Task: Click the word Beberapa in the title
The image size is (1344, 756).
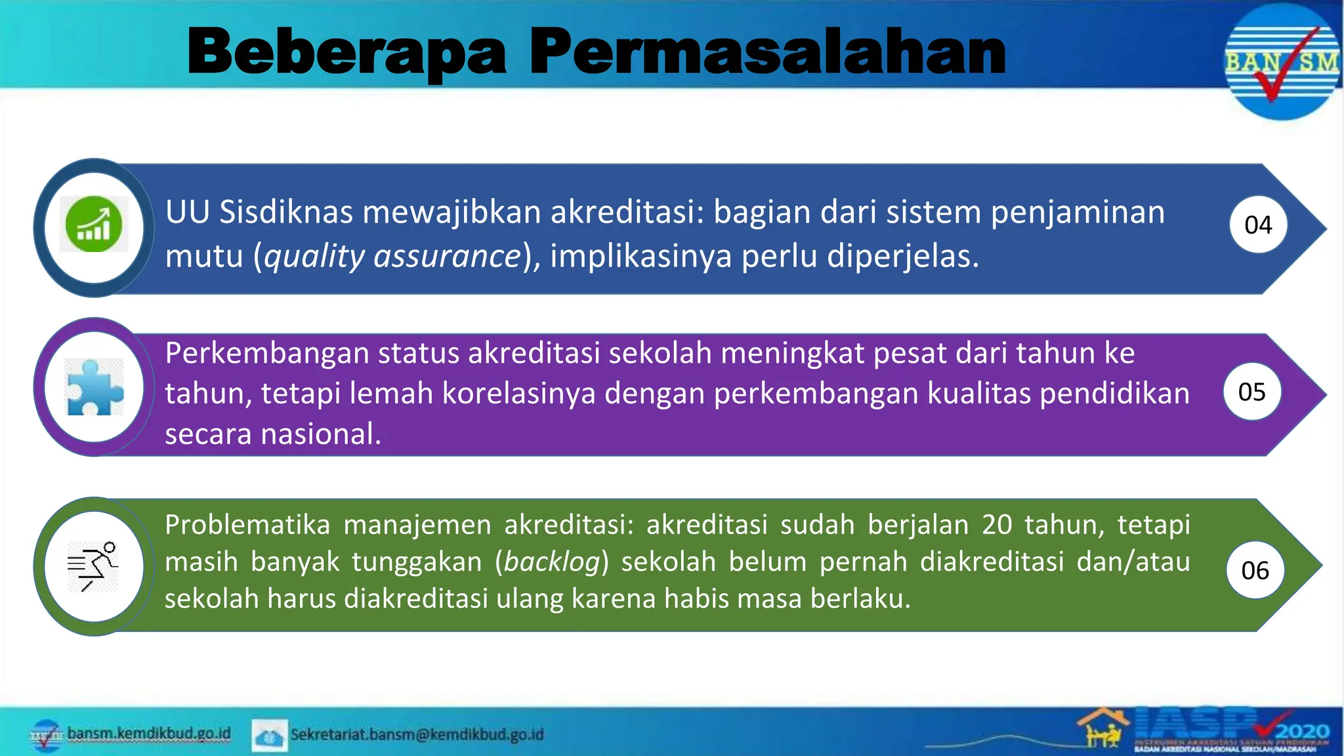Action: [346, 52]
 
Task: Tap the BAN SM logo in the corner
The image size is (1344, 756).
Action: [1281, 63]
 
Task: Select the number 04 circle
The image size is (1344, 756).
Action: [1258, 225]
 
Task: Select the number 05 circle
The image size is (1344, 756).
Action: [1251, 392]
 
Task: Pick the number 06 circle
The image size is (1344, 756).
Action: [1255, 570]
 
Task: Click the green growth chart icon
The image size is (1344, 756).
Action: [94, 224]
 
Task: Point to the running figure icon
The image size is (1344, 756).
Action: [93, 566]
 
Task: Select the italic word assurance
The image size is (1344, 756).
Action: [447, 256]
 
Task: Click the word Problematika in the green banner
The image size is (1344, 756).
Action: [247, 525]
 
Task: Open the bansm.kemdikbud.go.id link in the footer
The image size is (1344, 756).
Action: [149, 733]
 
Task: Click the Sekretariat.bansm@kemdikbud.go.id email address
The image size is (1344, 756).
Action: [417, 734]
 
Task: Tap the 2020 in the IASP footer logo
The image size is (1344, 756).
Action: [1303, 732]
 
